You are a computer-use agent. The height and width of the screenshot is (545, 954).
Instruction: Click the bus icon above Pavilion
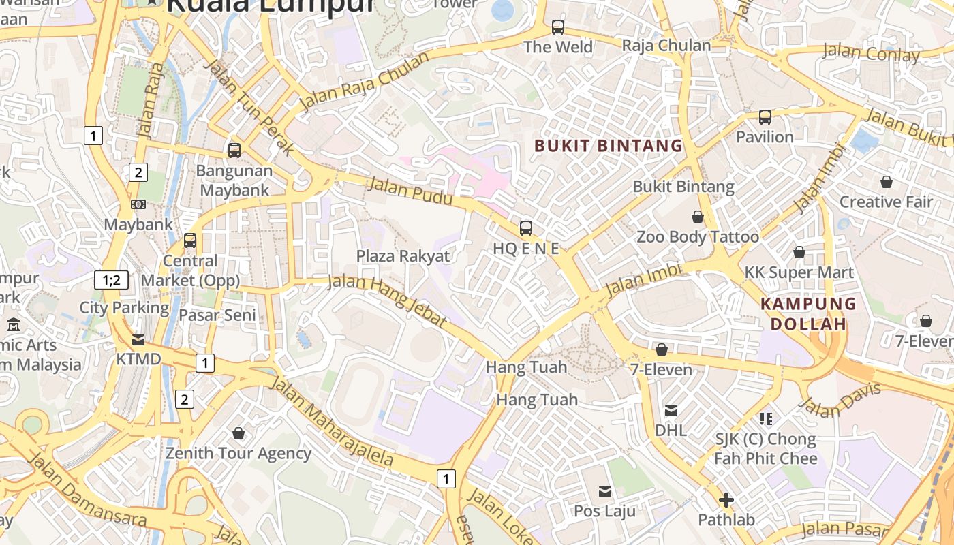click(765, 117)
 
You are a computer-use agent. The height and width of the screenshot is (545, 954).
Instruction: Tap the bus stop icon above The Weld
click(558, 27)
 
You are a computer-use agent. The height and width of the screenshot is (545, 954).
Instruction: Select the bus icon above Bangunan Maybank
click(234, 151)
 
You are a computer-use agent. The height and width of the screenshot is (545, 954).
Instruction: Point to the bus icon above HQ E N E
click(526, 228)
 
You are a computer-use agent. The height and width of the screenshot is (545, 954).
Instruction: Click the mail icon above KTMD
click(138, 339)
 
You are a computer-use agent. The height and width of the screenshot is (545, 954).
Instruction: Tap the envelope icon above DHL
click(671, 410)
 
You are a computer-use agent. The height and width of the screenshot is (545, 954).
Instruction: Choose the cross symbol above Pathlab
click(726, 500)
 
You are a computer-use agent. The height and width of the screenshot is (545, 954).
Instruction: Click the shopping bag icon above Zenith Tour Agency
click(238, 433)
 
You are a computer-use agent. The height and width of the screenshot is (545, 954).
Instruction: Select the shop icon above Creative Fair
click(887, 182)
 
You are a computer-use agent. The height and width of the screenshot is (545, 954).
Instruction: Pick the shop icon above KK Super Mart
click(799, 253)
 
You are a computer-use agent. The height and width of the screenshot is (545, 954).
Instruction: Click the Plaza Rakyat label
click(403, 256)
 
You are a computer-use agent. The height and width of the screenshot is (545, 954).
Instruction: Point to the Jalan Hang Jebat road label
click(387, 301)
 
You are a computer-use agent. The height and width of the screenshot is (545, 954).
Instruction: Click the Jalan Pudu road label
click(410, 191)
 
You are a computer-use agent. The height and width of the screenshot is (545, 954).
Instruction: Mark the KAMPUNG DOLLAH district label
click(808, 313)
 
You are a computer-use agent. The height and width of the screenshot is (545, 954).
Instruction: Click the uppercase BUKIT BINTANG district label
click(608, 145)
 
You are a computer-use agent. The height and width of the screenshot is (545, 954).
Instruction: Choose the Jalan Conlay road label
click(871, 52)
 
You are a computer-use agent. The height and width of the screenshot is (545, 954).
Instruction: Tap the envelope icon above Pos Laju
click(605, 492)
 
